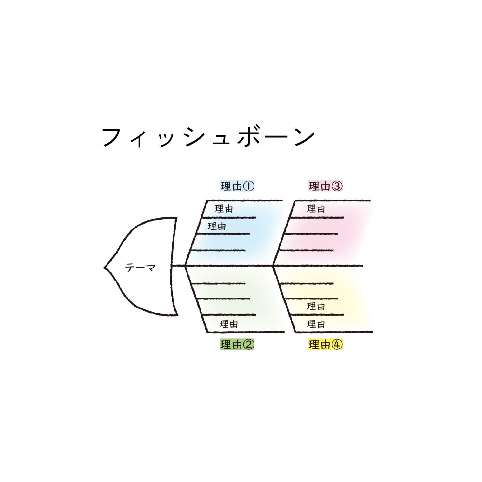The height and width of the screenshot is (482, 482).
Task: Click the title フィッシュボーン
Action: pyautogui.click(x=208, y=137)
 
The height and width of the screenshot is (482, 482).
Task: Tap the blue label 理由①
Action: pyautogui.click(x=237, y=186)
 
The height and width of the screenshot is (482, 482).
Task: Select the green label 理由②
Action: pyautogui.click(x=237, y=345)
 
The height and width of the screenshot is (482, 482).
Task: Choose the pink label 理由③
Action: pyautogui.click(x=325, y=186)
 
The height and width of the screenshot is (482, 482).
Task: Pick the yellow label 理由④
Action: pyautogui.click(x=325, y=345)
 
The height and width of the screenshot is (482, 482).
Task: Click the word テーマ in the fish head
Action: pyautogui.click(x=140, y=268)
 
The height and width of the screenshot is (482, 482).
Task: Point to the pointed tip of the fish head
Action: pyautogui.click(x=104, y=268)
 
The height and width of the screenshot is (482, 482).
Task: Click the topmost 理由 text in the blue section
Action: pyautogui.click(x=224, y=209)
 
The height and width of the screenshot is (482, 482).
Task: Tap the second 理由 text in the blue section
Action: pyautogui.click(x=217, y=227)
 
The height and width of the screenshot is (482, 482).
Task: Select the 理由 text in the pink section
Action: pyautogui.click(x=316, y=209)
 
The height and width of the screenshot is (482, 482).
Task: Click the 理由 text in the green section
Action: pyautogui.click(x=228, y=324)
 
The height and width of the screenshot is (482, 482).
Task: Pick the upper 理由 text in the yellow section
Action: pyautogui.click(x=316, y=306)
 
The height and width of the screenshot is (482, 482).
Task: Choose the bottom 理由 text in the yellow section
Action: pyautogui.click(x=316, y=324)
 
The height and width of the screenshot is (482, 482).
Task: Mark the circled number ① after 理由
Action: pyautogui.click(x=249, y=186)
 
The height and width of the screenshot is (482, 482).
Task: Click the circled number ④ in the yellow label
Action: pyautogui.click(x=337, y=345)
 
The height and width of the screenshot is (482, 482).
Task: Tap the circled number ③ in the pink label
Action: pyautogui.click(x=337, y=186)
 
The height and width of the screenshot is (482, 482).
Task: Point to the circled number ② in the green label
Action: pyautogui.click(x=249, y=345)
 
